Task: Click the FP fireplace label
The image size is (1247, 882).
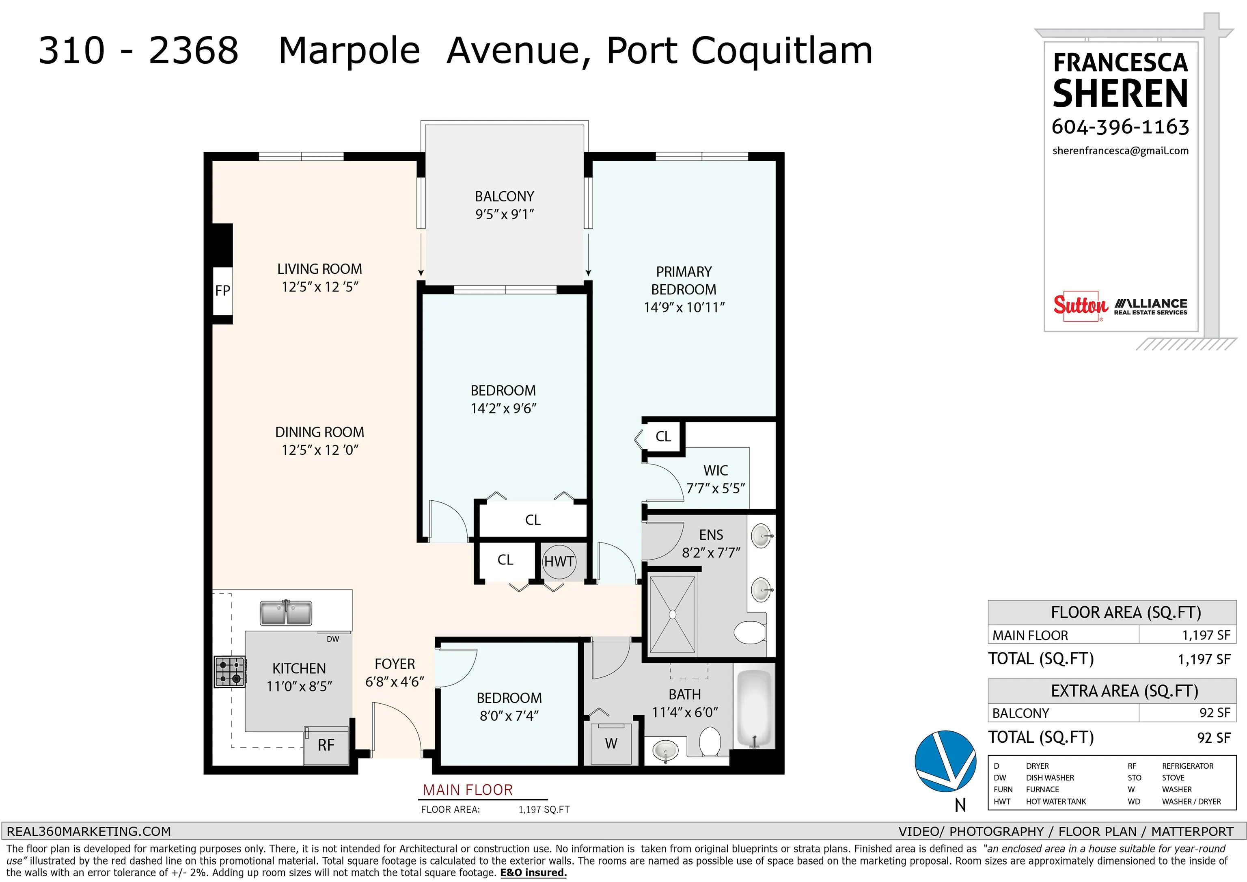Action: point(223,291)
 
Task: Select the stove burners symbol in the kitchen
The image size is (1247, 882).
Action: point(230,672)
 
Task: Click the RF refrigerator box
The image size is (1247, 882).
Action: point(326,745)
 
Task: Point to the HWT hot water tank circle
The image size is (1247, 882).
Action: point(559,561)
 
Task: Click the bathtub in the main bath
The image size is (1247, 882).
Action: point(754,710)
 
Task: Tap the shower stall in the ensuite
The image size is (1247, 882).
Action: point(672,614)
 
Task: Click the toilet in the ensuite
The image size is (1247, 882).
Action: point(750,632)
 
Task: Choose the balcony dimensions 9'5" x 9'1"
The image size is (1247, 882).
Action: point(505,215)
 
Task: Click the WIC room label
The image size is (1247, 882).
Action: point(715,470)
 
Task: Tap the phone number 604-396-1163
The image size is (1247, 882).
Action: point(1120,127)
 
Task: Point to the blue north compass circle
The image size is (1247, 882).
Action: point(945,761)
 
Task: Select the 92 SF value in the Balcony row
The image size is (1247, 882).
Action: point(1215,713)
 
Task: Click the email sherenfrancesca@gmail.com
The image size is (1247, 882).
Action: point(1120,151)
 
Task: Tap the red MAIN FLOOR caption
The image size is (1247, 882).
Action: point(468,789)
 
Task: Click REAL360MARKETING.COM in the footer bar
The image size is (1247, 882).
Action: point(88,832)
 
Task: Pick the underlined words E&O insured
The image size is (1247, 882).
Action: point(533,873)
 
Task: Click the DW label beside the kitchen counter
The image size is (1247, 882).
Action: point(333,639)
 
